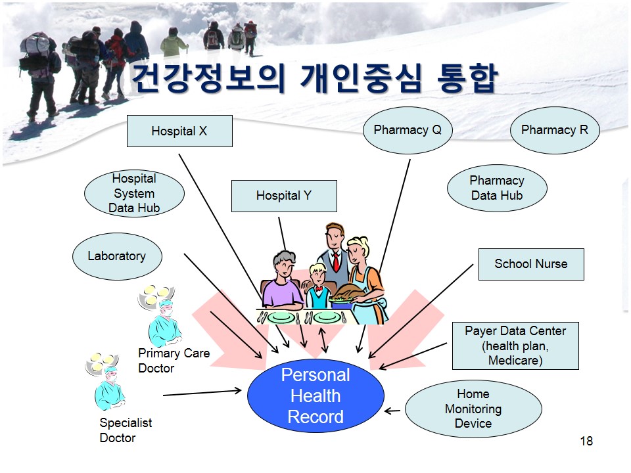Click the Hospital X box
179,131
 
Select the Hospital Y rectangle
284,196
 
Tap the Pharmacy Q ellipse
408,130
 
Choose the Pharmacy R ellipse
555,130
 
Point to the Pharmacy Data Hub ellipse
497,188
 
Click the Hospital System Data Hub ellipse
134,193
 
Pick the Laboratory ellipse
117,256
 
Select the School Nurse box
531,264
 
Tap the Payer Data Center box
515,346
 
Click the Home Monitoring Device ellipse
473,409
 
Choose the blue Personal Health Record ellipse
315,395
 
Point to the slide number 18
586,441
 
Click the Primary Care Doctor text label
174,361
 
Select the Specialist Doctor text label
126,430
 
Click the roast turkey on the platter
343,293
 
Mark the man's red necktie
336,263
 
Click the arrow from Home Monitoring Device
392,411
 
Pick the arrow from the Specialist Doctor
202,393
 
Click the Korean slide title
315,78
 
